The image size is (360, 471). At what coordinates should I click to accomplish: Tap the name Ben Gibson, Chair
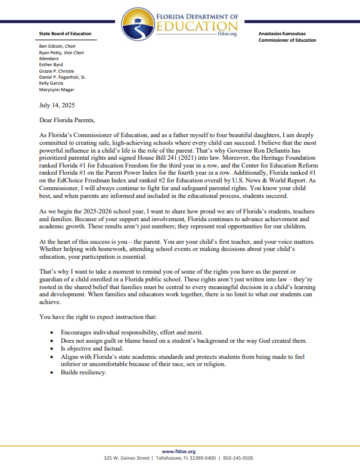pyautogui.click(x=61, y=45)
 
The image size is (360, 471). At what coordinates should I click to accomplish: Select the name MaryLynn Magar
pyautogui.click(x=57, y=89)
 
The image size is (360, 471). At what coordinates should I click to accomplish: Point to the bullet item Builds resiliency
pyautogui.click(x=83, y=372)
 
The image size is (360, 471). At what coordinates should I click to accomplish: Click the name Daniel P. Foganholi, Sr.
pyautogui.click(x=66, y=77)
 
